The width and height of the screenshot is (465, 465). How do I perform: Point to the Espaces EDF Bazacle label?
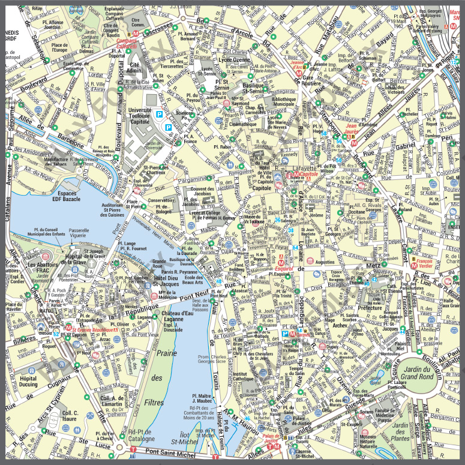[64, 197]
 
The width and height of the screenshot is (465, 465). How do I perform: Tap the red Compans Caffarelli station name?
[127, 43]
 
